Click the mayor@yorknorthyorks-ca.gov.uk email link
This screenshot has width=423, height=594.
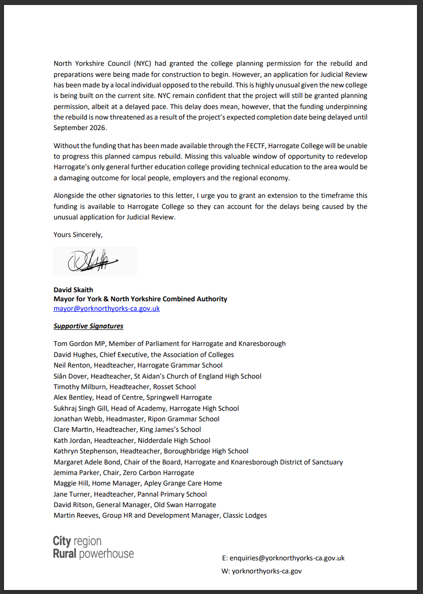click(x=107, y=308)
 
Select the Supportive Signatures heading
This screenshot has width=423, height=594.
click(x=88, y=326)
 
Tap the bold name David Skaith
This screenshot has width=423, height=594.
click(x=74, y=289)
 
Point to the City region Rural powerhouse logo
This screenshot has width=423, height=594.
click(x=93, y=547)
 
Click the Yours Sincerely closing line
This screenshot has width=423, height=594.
click(x=78, y=234)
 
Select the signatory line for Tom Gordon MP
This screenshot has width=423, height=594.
click(x=169, y=343)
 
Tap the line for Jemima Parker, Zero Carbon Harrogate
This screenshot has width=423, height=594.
click(x=124, y=472)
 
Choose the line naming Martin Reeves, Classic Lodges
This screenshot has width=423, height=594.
click(x=160, y=515)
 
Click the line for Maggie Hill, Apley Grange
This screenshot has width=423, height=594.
click(x=138, y=483)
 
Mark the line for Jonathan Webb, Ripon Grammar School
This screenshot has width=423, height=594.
click(x=137, y=419)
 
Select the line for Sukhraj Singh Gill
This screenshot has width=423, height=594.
click(x=146, y=408)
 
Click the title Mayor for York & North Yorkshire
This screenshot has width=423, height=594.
click(x=140, y=299)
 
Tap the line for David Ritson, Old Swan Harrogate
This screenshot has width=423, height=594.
click(x=135, y=505)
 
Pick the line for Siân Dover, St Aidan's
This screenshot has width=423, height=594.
click(x=157, y=376)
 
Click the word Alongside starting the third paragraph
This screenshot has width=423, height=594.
click(x=70, y=195)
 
